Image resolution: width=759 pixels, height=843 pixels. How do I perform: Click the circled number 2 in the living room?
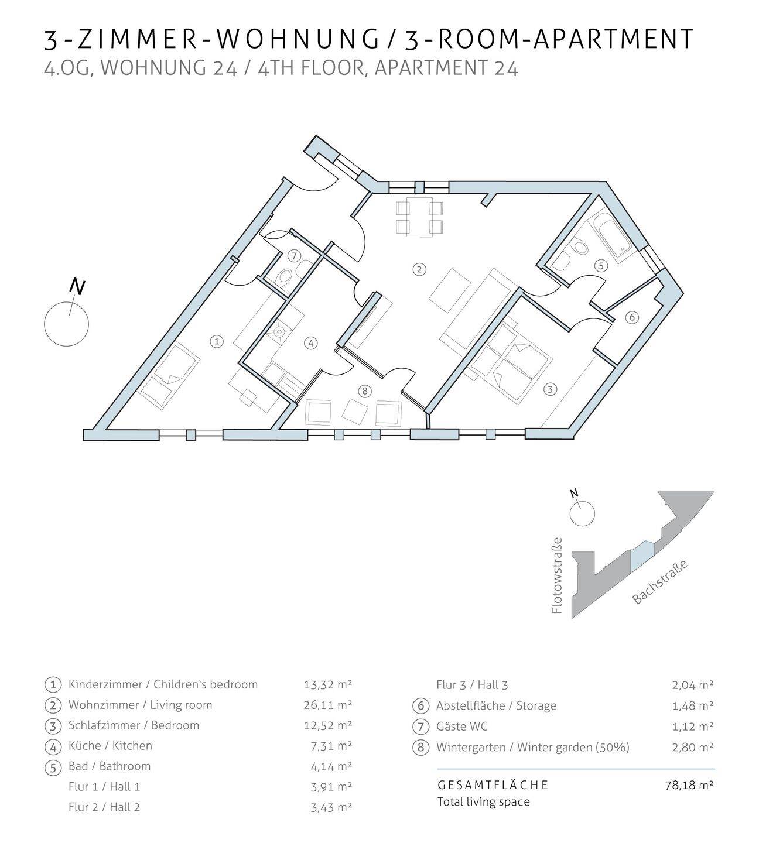click(x=419, y=269)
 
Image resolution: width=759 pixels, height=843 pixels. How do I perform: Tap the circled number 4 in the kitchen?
click(x=311, y=343)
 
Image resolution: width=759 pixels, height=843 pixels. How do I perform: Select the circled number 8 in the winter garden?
click(x=365, y=391)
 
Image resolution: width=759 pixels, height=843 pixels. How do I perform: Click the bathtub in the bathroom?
click(x=610, y=237)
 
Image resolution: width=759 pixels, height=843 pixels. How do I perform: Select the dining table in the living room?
click(x=419, y=217)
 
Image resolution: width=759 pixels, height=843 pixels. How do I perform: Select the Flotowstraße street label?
click(x=557, y=576)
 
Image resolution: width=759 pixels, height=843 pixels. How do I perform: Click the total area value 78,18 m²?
click(x=689, y=784)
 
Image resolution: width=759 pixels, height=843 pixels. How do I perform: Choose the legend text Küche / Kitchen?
click(x=110, y=746)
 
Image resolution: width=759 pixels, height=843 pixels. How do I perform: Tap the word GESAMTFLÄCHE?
click(x=493, y=784)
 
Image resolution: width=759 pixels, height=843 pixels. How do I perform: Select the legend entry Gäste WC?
click(x=461, y=727)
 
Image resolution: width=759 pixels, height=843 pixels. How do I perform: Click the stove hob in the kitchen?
click(x=279, y=333)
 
